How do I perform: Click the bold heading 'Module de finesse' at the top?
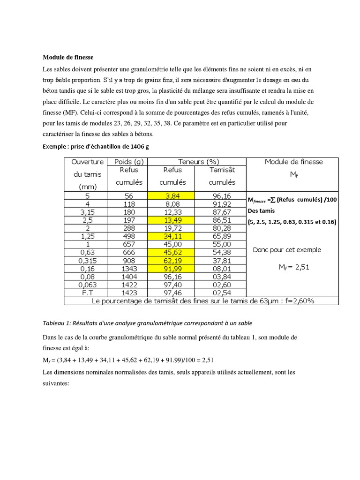pyautogui.click(x=68, y=57)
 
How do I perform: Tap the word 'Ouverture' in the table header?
pyautogui.click(x=87, y=162)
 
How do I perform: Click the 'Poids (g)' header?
pyautogui.click(x=129, y=162)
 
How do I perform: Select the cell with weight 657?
pyautogui.click(x=129, y=244)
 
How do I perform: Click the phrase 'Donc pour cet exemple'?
pyautogui.click(x=287, y=250)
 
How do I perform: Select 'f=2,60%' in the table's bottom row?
pyautogui.click(x=297, y=301)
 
